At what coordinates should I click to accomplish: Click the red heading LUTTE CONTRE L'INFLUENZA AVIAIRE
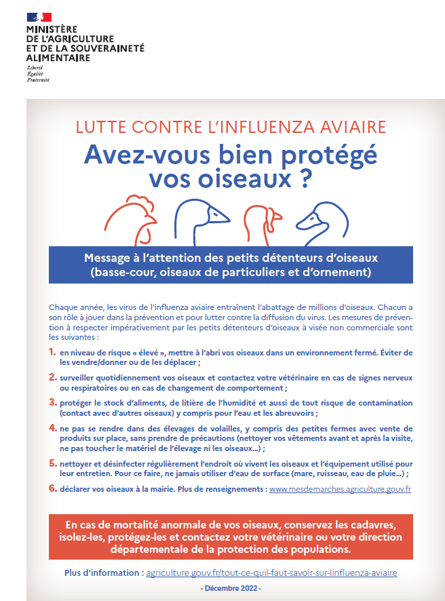pyautogui.click(x=231, y=128)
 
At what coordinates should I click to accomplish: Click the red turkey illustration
pyautogui.click(x=263, y=218)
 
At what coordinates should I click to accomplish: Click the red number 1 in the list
pyautogui.click(x=52, y=353)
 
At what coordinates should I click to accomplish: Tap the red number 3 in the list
pyautogui.click(x=52, y=403)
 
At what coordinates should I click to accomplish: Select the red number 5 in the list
pyautogui.click(x=52, y=463)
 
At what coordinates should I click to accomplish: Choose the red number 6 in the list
pyautogui.click(x=52, y=488)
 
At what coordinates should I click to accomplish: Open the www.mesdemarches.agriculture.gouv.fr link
pyautogui.click(x=341, y=489)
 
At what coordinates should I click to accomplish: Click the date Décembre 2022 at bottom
pyautogui.click(x=231, y=588)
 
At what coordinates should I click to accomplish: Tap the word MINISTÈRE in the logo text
pyautogui.click(x=52, y=31)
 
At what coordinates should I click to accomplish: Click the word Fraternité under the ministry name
pyautogui.click(x=38, y=80)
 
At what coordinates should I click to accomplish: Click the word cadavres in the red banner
pyautogui.click(x=364, y=526)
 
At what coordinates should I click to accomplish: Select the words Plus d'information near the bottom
pyautogui.click(x=103, y=573)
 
